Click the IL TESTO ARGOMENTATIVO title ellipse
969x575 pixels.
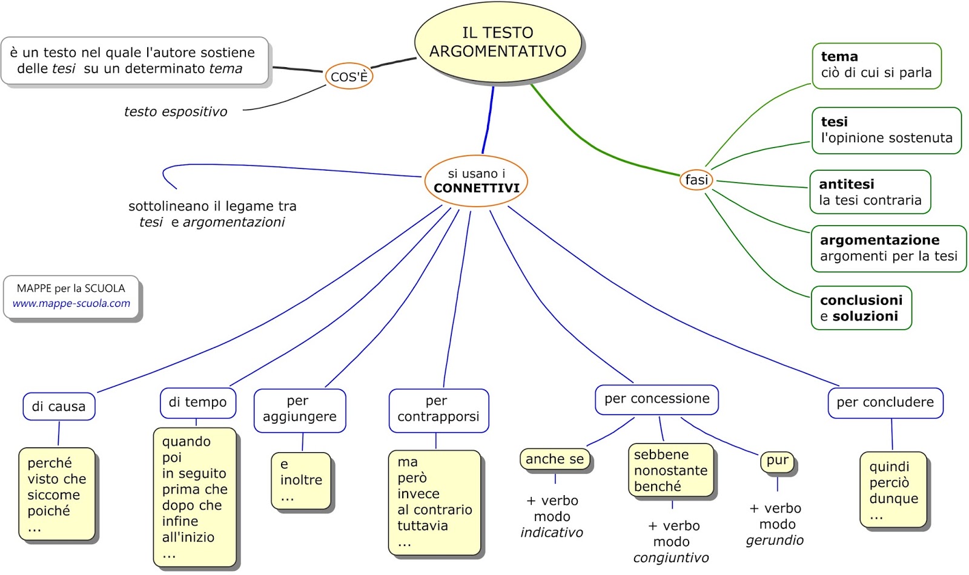[x=498, y=42]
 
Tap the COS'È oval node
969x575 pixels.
[x=349, y=77]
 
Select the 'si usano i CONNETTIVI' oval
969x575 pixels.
[x=476, y=181]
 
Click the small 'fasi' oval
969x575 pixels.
[x=696, y=180]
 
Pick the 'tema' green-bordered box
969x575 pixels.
[x=876, y=65]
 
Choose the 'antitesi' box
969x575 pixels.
[x=870, y=192]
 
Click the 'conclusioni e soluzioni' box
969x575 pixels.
[x=861, y=307]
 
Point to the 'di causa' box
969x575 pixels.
[x=59, y=406]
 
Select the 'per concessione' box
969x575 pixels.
[x=656, y=399]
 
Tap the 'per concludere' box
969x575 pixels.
[x=885, y=402]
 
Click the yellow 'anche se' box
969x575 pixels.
[x=555, y=459]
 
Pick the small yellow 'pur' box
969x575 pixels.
[x=777, y=461]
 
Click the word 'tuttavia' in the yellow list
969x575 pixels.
[x=423, y=525]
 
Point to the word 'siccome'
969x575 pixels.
[x=54, y=495]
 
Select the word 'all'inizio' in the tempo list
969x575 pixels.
[x=188, y=537]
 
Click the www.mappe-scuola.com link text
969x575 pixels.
[x=71, y=303]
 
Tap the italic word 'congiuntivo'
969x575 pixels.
[x=671, y=557]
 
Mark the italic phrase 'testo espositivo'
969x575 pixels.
[x=176, y=111]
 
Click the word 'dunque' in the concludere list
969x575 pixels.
[x=893, y=499]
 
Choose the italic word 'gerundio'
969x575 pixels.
[x=775, y=540]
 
